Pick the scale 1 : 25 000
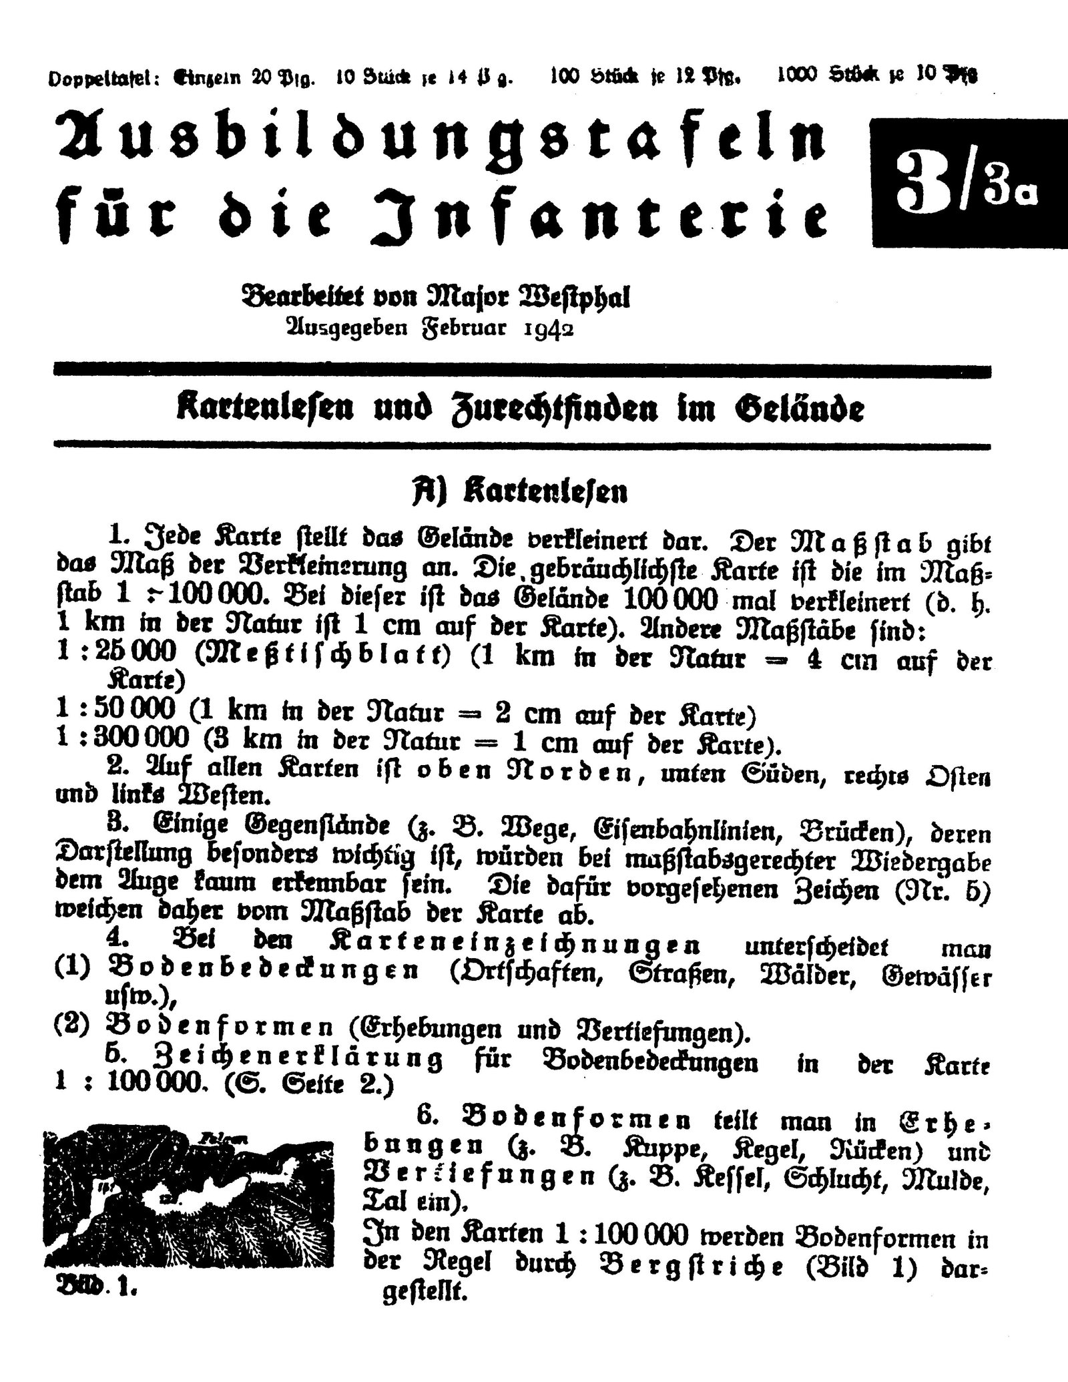click(117, 658)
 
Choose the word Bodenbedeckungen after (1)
click(261, 971)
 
